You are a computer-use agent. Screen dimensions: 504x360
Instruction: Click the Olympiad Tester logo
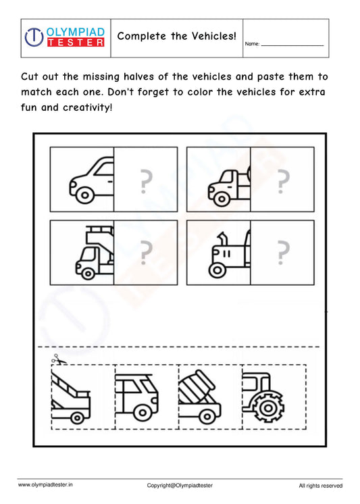coord(65,37)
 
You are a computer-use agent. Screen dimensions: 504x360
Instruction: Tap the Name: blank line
coord(292,45)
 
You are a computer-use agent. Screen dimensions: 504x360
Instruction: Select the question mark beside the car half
coord(145,181)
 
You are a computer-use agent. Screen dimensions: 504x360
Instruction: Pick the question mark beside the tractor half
coord(282,253)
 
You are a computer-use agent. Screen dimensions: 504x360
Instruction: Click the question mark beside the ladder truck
coord(145,253)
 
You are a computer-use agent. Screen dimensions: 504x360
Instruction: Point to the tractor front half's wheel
coord(217,270)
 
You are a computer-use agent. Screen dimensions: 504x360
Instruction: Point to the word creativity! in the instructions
coord(87,107)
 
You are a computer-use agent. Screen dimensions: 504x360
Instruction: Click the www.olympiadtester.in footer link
coord(46,484)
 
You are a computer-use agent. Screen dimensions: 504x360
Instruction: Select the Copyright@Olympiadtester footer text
coord(180,485)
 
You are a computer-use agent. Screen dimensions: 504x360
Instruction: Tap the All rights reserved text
coord(320,485)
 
